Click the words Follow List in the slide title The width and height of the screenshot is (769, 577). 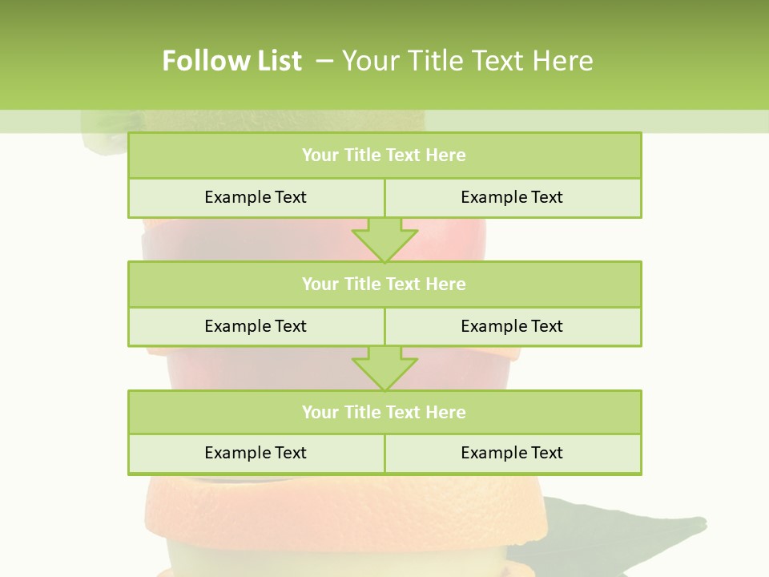232,61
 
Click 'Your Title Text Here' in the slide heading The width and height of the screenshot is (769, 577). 468,61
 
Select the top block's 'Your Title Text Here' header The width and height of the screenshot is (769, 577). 384,155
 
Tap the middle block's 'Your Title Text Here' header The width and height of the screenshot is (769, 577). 384,284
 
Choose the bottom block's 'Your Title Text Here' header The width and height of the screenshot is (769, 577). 384,412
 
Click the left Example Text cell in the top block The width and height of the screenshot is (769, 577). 256,197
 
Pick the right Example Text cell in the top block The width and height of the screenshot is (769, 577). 512,197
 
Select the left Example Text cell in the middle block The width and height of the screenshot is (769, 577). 256,326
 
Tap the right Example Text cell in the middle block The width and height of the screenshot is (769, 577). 512,326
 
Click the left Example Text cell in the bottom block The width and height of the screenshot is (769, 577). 256,453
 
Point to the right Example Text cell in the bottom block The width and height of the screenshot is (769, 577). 512,453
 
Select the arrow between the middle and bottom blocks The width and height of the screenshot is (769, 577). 384,368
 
